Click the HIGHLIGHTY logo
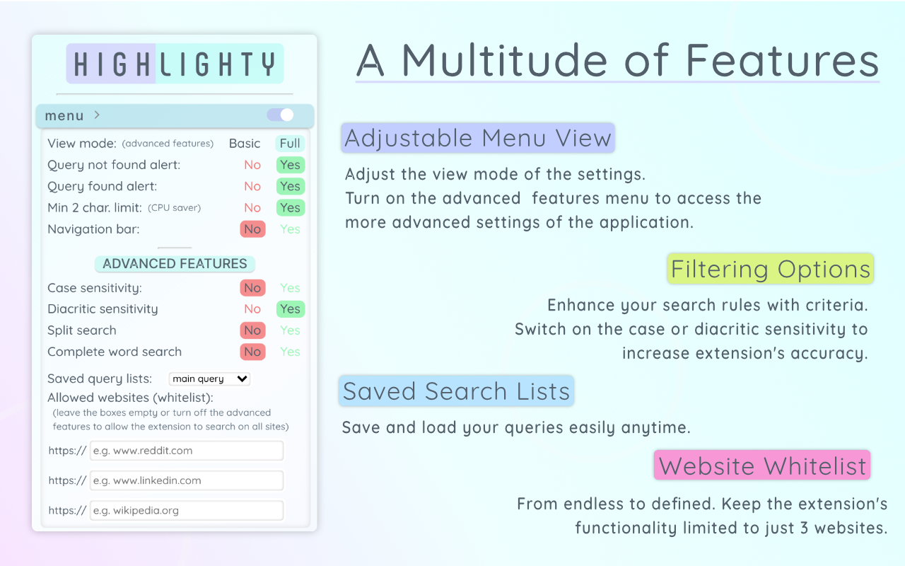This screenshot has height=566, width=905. tap(175, 64)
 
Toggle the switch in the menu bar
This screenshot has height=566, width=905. tap(280, 115)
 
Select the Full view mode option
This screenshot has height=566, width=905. tap(290, 144)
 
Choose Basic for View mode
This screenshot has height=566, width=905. tap(245, 144)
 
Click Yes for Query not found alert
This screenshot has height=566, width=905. tap(290, 165)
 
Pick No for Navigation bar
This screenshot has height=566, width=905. tap(252, 229)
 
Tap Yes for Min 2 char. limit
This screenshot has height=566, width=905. tap(290, 208)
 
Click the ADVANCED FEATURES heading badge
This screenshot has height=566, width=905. tap(175, 264)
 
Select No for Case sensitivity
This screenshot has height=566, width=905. tap(252, 288)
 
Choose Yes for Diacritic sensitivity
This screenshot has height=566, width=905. tap(290, 309)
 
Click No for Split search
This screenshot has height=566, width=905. tap(252, 330)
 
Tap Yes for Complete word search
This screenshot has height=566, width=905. tap(290, 352)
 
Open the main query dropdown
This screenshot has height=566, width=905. tap(210, 379)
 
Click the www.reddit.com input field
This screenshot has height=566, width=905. tap(187, 451)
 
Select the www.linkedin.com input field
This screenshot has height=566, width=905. tap(187, 480)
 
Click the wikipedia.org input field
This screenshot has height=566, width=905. tap(187, 510)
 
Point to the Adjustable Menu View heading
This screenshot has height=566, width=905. tap(478, 138)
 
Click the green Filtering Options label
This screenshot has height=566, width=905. tap(771, 269)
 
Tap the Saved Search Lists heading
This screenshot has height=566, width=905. tap(456, 391)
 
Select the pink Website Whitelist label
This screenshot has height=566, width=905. tap(762, 466)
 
